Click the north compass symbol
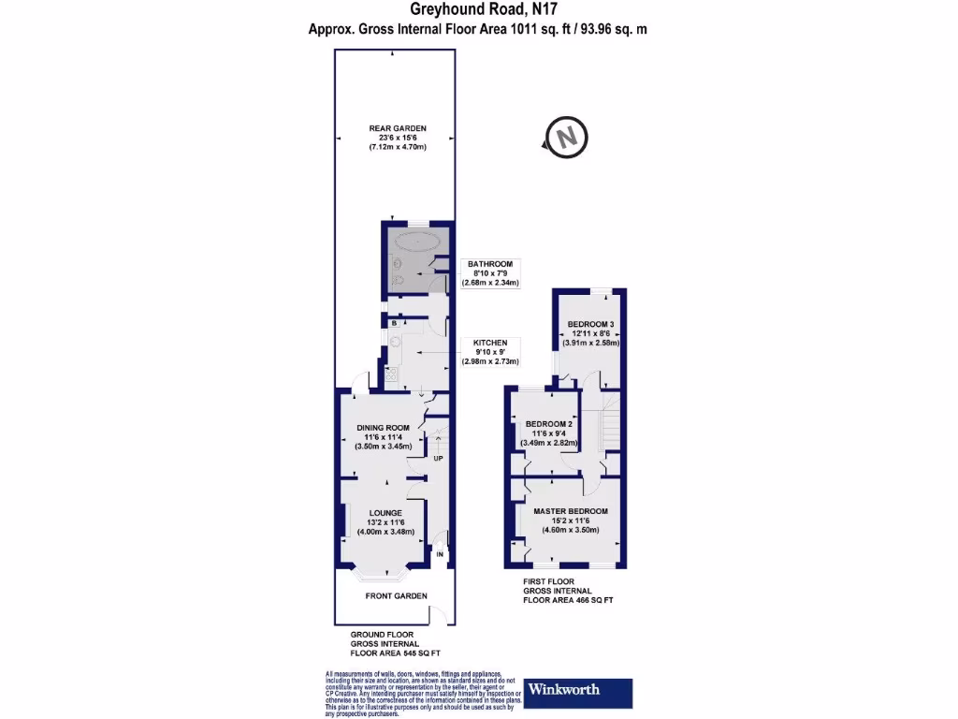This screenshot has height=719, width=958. pyautogui.click(x=566, y=137)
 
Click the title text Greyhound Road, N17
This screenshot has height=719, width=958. pyautogui.click(x=478, y=10)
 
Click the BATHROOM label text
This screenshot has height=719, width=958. pyautogui.click(x=490, y=264)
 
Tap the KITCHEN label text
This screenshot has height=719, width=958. pyautogui.click(x=490, y=343)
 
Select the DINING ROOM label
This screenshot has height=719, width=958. pyautogui.click(x=384, y=428)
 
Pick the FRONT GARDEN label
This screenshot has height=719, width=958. pyautogui.click(x=397, y=595)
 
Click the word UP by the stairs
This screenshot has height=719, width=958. pyautogui.click(x=437, y=458)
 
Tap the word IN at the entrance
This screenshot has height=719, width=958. pyautogui.click(x=441, y=555)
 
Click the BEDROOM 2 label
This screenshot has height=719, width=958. pyautogui.click(x=548, y=423)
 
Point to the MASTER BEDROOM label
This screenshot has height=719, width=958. pyautogui.click(x=571, y=511)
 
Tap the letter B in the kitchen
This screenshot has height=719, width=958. pyautogui.click(x=395, y=323)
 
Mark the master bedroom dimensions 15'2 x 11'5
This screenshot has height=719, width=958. pyautogui.click(x=571, y=521)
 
